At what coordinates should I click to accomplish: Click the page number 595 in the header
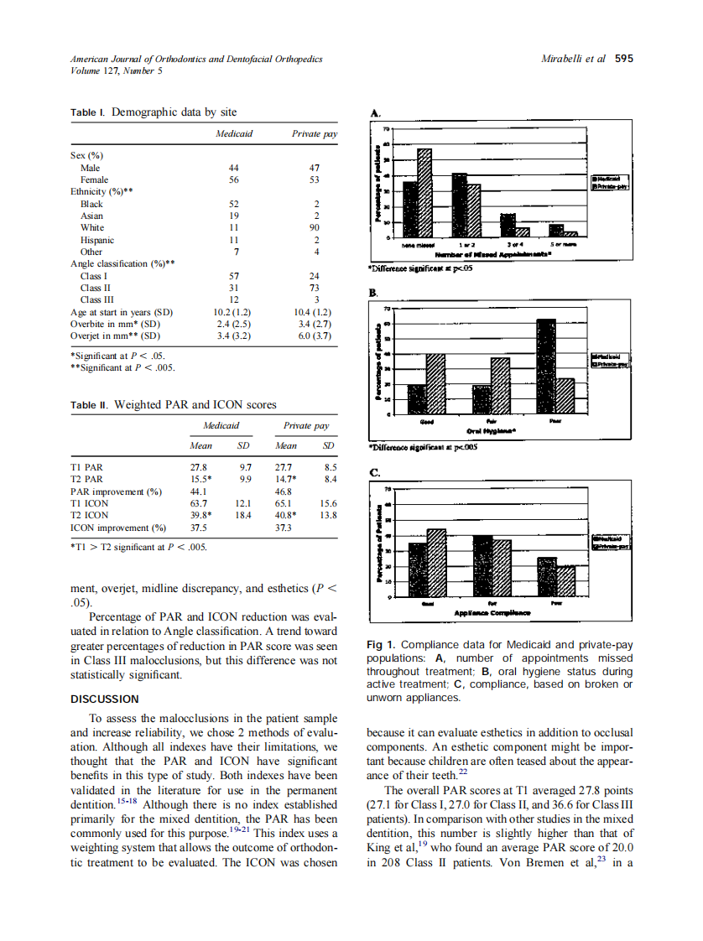(623, 59)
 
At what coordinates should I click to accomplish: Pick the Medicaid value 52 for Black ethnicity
(234, 204)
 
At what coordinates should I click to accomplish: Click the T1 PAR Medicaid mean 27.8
(199, 467)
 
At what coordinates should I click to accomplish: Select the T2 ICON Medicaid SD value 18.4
(243, 515)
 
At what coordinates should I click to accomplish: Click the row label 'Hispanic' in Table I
(97, 240)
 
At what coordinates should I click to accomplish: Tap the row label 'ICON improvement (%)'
(118, 528)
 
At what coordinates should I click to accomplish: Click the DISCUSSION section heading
(104, 699)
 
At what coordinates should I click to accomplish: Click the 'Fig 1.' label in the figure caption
(383, 644)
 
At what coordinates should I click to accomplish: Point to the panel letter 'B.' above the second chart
(375, 293)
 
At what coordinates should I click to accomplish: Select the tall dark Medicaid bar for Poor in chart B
(545, 367)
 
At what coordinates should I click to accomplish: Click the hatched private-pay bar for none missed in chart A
(424, 193)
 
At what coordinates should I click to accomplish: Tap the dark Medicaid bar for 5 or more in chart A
(556, 231)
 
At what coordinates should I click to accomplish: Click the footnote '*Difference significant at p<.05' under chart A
(421, 268)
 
